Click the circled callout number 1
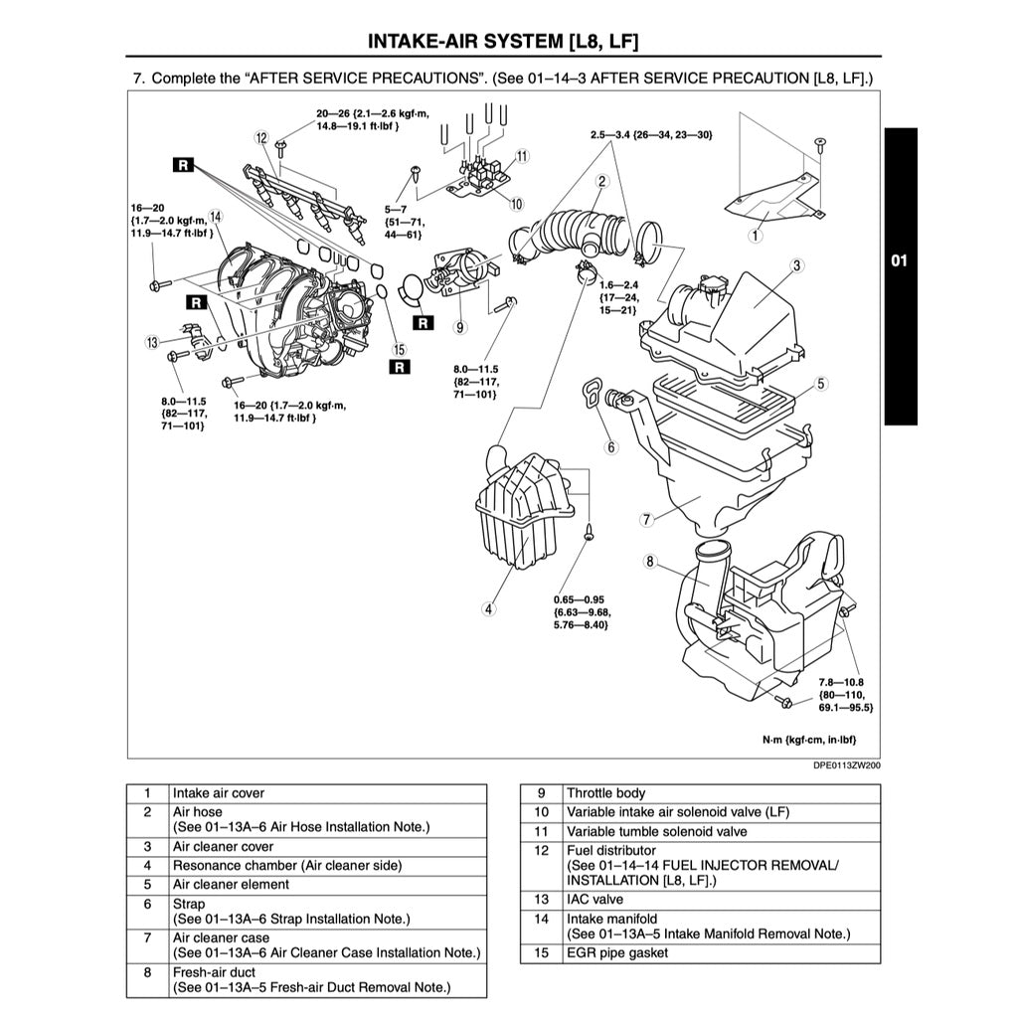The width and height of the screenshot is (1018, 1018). pos(756,236)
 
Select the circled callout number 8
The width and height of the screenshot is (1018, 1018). pos(650,562)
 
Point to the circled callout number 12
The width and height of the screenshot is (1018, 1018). pos(261,138)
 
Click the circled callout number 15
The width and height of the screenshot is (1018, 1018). pos(399,348)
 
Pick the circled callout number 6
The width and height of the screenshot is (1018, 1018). pos(611,447)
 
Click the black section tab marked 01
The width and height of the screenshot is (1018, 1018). pos(899,261)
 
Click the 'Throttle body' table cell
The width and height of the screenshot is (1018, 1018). pos(605,793)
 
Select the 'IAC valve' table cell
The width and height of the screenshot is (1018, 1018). pos(594,899)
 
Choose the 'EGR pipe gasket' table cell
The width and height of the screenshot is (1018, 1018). pos(616,953)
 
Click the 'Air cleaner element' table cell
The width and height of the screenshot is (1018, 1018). pos(231,884)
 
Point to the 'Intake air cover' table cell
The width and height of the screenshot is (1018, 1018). pos(219,793)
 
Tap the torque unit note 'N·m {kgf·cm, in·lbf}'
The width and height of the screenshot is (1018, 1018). pos(808,740)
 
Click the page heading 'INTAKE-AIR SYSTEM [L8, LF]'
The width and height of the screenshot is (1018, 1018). pos(503,42)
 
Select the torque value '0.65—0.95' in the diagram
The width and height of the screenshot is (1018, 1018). pos(581,599)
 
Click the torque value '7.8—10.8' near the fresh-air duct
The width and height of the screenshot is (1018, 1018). pos(841,682)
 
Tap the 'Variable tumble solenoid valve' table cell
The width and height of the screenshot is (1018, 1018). pos(656,831)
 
